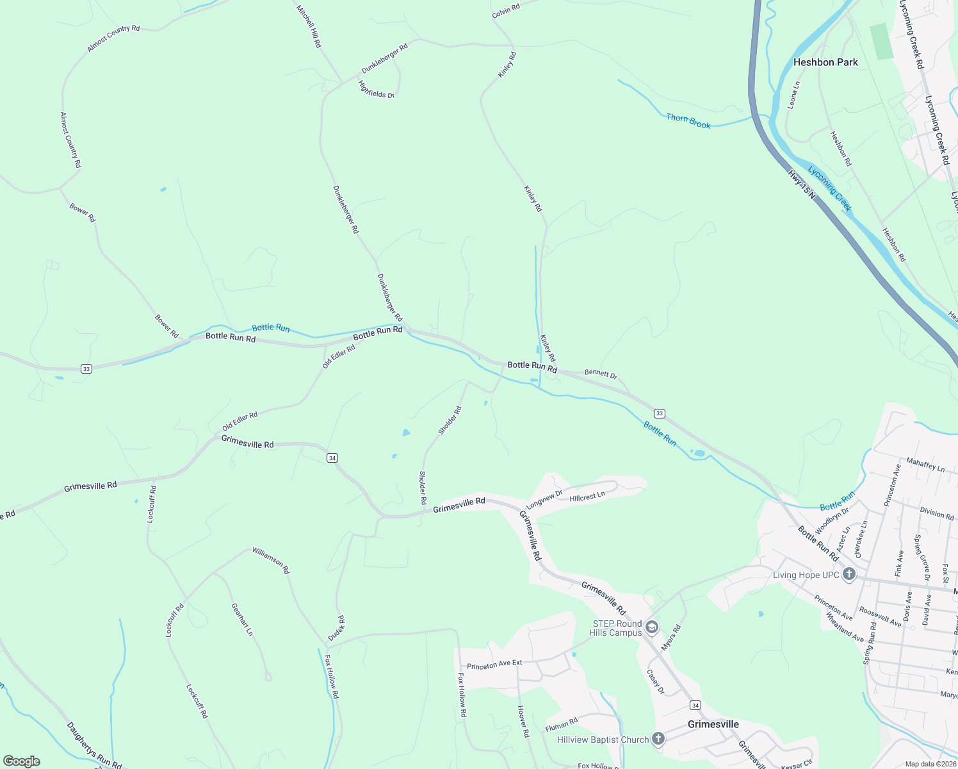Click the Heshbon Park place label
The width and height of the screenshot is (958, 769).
(825, 62)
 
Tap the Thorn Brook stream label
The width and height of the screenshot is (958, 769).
(688, 120)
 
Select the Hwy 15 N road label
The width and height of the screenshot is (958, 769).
(801, 184)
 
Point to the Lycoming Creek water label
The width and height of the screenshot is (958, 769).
(830, 188)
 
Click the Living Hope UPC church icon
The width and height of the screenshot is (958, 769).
(849, 574)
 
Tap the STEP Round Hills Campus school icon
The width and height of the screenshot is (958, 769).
(652, 627)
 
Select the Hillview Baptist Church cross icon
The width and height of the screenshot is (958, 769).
(658, 739)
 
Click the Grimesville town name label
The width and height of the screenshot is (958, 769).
(713, 724)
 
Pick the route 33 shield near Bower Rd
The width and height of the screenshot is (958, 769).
(86, 368)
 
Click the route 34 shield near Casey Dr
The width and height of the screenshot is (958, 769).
(695, 705)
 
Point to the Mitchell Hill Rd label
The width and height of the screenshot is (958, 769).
(309, 26)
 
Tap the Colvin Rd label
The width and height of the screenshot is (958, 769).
(506, 10)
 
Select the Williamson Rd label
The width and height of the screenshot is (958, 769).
(271, 560)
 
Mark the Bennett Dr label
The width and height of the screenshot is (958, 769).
(601, 374)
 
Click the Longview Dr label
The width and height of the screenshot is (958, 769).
(544, 499)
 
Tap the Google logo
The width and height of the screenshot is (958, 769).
(22, 761)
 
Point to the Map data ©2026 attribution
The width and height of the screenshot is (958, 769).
(930, 764)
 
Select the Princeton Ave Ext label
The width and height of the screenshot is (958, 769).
(494, 665)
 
